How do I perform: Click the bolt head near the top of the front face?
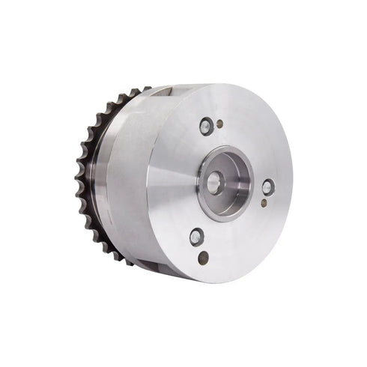[x=206, y=125]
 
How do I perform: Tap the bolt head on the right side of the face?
[x=267, y=186]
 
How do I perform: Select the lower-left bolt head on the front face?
[x=197, y=237]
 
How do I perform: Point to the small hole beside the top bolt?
[x=219, y=124]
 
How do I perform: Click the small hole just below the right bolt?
[x=264, y=202]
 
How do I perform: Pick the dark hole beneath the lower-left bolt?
[x=203, y=257]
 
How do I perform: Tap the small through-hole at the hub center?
[x=214, y=182]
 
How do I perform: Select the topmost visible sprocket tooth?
[x=138, y=91]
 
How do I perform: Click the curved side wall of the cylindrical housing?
[x=127, y=180]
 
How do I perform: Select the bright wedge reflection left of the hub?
[x=171, y=178]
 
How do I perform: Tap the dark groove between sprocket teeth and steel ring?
[x=89, y=180]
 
